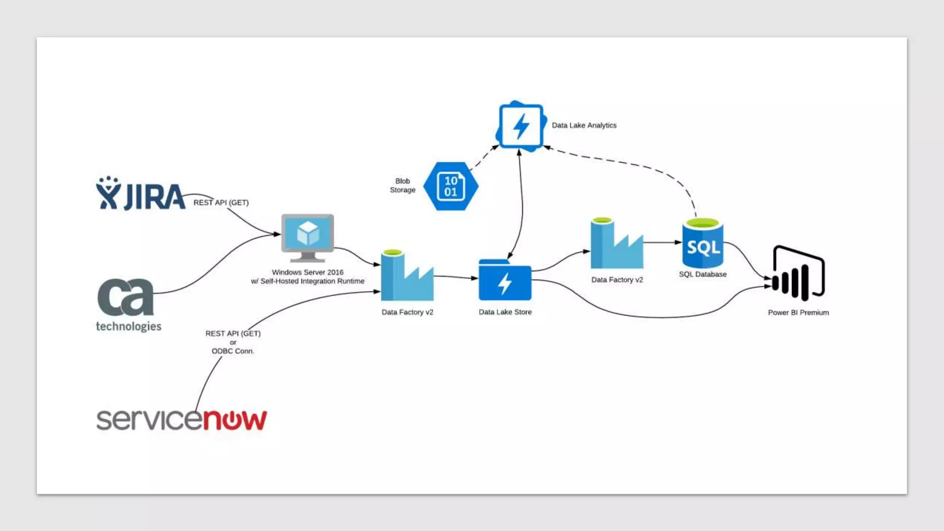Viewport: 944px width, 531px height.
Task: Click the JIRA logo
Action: pyautogui.click(x=141, y=194)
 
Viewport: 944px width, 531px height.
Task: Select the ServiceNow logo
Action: pyautogui.click(x=181, y=419)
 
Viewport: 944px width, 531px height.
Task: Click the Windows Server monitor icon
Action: pyautogui.click(x=307, y=236)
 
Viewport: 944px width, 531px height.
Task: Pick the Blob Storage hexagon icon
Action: pyautogui.click(x=450, y=186)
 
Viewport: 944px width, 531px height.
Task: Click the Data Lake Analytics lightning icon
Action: pyautogui.click(x=521, y=126)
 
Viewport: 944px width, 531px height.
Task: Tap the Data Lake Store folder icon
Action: pyautogui.click(x=505, y=281)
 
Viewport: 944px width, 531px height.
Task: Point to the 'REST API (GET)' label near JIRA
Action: pyautogui.click(x=221, y=203)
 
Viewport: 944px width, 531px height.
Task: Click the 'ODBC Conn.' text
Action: pyautogui.click(x=233, y=351)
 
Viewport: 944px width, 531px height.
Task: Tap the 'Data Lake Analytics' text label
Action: pyautogui.click(x=584, y=125)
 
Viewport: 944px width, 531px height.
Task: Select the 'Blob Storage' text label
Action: pyautogui.click(x=402, y=185)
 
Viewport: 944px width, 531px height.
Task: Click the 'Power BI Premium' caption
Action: pyautogui.click(x=798, y=313)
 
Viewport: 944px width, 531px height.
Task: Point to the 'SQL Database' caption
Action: pyautogui.click(x=702, y=274)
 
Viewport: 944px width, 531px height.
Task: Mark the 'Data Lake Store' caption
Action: pyautogui.click(x=505, y=312)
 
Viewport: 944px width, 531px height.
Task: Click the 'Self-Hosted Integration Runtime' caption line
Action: pyautogui.click(x=307, y=281)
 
